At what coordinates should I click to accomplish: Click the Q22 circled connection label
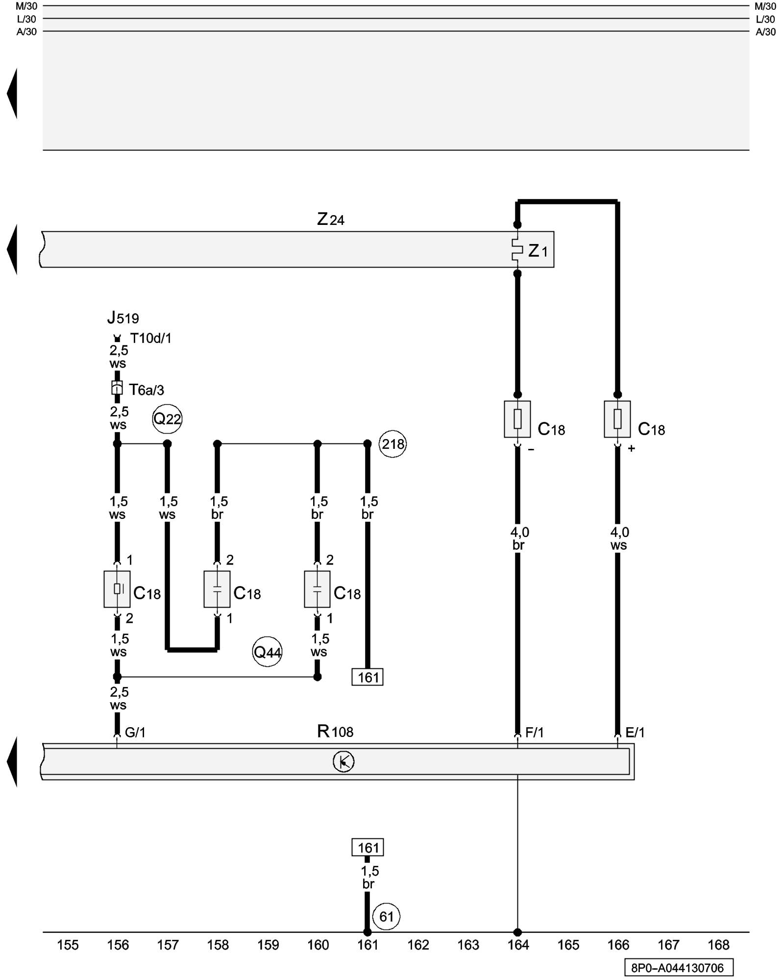[x=167, y=419]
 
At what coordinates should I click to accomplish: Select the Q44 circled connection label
[x=267, y=652]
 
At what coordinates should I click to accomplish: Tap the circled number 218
[x=393, y=444]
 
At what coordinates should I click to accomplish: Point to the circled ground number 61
[x=386, y=916]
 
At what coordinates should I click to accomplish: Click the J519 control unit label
[x=123, y=318]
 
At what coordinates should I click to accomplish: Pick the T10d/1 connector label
[x=150, y=339]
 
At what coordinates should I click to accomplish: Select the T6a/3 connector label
[x=146, y=390]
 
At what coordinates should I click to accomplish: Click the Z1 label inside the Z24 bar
[x=538, y=251]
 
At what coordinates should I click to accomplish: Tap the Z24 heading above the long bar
[x=331, y=219]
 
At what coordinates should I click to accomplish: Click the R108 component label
[x=335, y=732]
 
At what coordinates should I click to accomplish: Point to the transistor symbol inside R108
[x=343, y=761]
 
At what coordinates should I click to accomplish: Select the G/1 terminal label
[x=135, y=733]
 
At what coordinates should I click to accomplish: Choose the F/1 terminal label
[x=534, y=733]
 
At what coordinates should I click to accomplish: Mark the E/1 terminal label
[x=635, y=733]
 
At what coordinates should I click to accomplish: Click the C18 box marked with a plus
[x=617, y=419]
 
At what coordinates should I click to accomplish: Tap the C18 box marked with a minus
[x=517, y=419]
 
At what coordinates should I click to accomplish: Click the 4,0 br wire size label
[x=519, y=539]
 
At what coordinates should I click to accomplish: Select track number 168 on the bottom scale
[x=718, y=945]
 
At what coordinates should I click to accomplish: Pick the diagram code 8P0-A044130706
[x=679, y=968]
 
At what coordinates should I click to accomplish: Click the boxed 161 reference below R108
[x=367, y=848]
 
